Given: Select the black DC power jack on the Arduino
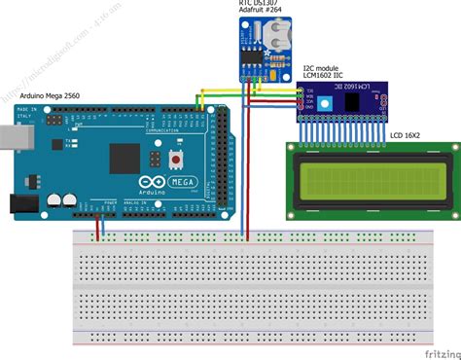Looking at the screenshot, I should click(19, 201).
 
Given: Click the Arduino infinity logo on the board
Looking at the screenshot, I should click(146, 184).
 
